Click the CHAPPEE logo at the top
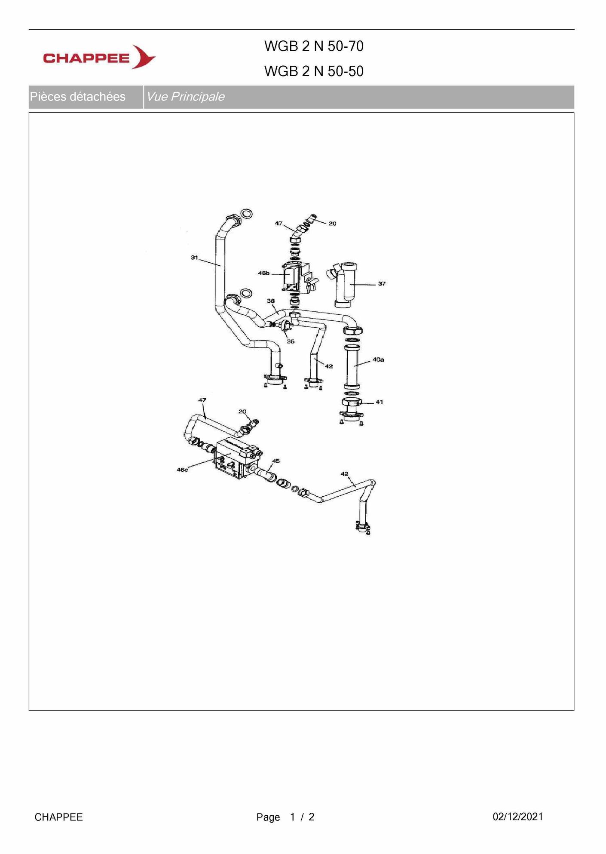(99, 57)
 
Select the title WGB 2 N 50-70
(314, 46)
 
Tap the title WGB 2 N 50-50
(314, 71)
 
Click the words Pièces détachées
(78, 97)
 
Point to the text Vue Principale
(185, 97)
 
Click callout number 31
(195, 258)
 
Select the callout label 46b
(263, 273)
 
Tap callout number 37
(382, 284)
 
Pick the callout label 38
(271, 301)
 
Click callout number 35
(291, 341)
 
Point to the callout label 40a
(378, 359)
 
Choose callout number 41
(380, 402)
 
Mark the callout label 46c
(183, 470)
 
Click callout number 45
(276, 461)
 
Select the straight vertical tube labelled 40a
(352, 366)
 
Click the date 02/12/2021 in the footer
(517, 817)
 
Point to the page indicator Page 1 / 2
(285, 817)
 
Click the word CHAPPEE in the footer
(59, 817)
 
